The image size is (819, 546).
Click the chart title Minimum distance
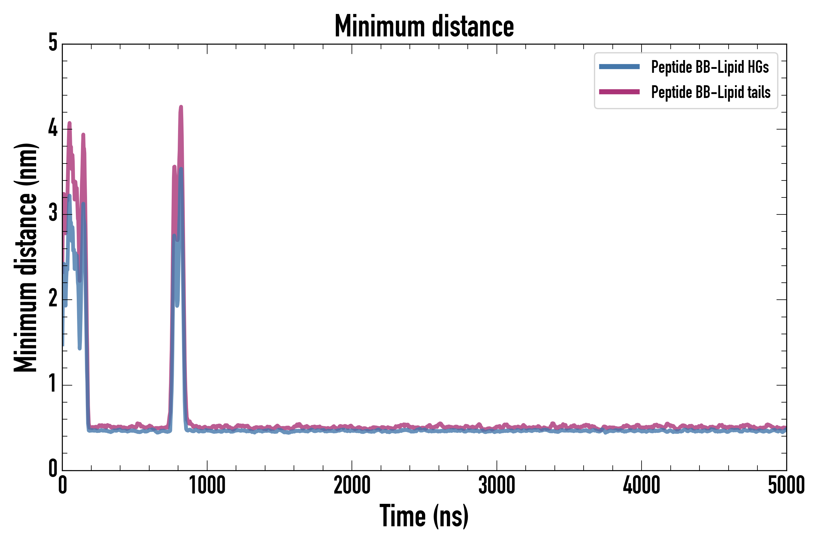pyautogui.click(x=424, y=26)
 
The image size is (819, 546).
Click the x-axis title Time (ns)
pyautogui.click(x=424, y=516)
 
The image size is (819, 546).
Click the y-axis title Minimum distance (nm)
pyautogui.click(x=25, y=257)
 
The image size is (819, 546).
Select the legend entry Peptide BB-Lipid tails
pyautogui.click(x=710, y=92)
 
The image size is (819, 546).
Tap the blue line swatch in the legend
pyautogui.click(x=619, y=67)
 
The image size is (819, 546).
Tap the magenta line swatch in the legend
pyautogui.click(x=619, y=92)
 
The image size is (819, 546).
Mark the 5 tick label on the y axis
pyautogui.click(x=53, y=43)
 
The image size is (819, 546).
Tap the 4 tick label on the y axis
pyautogui.click(x=53, y=129)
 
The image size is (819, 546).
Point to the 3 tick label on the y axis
pyautogui.click(x=53, y=214)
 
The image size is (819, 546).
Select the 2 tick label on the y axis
pyautogui.click(x=53, y=299)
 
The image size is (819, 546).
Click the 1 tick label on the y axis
pyautogui.click(x=53, y=384)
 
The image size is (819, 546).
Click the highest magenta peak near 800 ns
pyautogui.click(x=181, y=107)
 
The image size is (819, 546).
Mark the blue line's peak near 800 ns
pyautogui.click(x=181, y=170)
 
